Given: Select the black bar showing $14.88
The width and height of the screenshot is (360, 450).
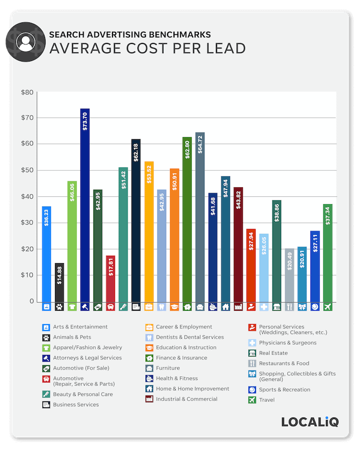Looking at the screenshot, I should point(59,282).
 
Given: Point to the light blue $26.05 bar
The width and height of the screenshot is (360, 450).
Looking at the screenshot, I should point(263,267).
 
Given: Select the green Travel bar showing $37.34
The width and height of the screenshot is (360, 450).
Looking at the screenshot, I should point(327,253).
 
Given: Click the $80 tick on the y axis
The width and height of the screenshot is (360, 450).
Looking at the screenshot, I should point(27,92).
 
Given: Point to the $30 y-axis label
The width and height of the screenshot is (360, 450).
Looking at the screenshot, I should point(27,223).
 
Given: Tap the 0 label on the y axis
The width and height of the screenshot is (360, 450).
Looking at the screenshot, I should point(31,301).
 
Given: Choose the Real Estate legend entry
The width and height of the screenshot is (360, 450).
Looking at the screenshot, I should point(273,353).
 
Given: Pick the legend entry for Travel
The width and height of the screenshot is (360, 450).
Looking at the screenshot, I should point(266,400).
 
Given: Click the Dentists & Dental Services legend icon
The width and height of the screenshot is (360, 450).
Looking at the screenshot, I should point(149,337).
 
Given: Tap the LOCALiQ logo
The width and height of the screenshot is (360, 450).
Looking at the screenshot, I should point(310,422).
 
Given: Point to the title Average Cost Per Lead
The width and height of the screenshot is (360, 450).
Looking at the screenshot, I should point(147,48).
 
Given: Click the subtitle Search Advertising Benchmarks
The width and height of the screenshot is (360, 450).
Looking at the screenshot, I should point(130,34).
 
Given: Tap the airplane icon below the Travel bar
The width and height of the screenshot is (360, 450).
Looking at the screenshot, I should point(327,307).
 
